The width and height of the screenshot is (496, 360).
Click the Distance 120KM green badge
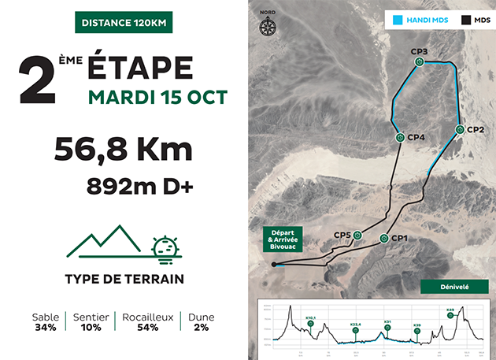click(123, 21)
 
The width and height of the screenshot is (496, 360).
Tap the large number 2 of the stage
click(39, 79)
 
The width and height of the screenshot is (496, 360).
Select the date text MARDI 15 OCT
click(157, 98)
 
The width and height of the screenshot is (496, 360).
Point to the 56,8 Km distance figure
click(123, 149)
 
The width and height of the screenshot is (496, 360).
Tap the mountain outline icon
click(106, 242)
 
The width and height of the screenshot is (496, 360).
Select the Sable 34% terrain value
click(46, 322)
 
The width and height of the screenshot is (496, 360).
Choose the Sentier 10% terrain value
click(91, 322)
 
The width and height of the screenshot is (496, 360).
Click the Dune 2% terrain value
click(202, 322)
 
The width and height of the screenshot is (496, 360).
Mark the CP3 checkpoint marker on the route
click(420, 61)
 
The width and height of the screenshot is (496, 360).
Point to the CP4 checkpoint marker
click(400, 137)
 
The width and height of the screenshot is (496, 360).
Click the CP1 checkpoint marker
click(384, 238)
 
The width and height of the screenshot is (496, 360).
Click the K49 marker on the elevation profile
click(450, 319)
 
